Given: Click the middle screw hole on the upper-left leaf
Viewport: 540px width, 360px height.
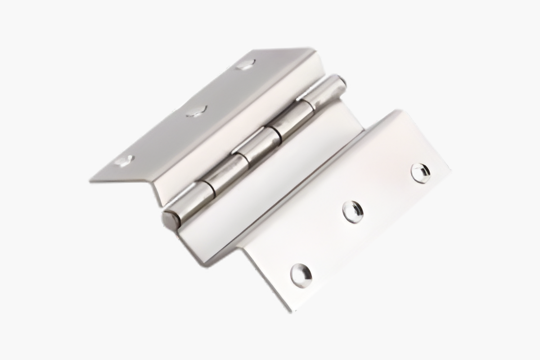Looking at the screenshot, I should pos(197,111).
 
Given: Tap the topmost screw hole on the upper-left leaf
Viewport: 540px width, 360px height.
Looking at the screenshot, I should pos(245,64).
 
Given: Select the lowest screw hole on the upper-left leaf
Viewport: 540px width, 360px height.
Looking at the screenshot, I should pos(124,160).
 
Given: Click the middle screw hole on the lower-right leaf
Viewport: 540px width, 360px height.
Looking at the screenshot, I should pos(353,211).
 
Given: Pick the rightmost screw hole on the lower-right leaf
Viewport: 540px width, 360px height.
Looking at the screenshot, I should pos(421,173).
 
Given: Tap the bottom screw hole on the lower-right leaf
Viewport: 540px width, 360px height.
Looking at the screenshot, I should pos(301,275).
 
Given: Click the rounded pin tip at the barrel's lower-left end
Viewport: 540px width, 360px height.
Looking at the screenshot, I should pos(170,220).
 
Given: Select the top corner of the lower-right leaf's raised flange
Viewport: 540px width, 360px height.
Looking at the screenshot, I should pos(396,110).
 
